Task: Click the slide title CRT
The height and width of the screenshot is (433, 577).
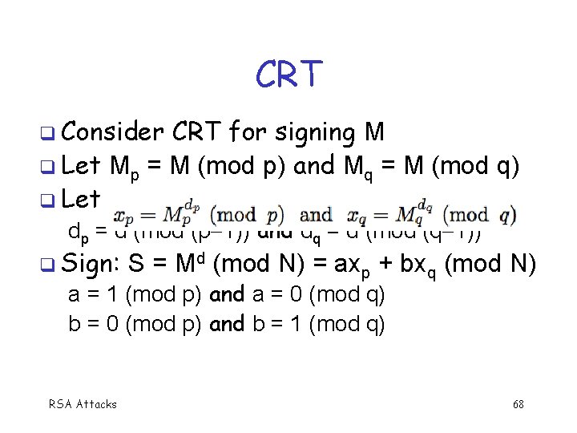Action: coord(288,75)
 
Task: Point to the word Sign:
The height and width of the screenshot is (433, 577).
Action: coord(91,263)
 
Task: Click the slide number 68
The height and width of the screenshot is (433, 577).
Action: coord(518,404)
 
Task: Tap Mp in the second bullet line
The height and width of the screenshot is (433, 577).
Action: coord(127,168)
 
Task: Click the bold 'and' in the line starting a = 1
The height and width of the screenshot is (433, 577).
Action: coord(227,295)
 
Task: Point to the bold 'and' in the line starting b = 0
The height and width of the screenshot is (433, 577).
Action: coord(227,324)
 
